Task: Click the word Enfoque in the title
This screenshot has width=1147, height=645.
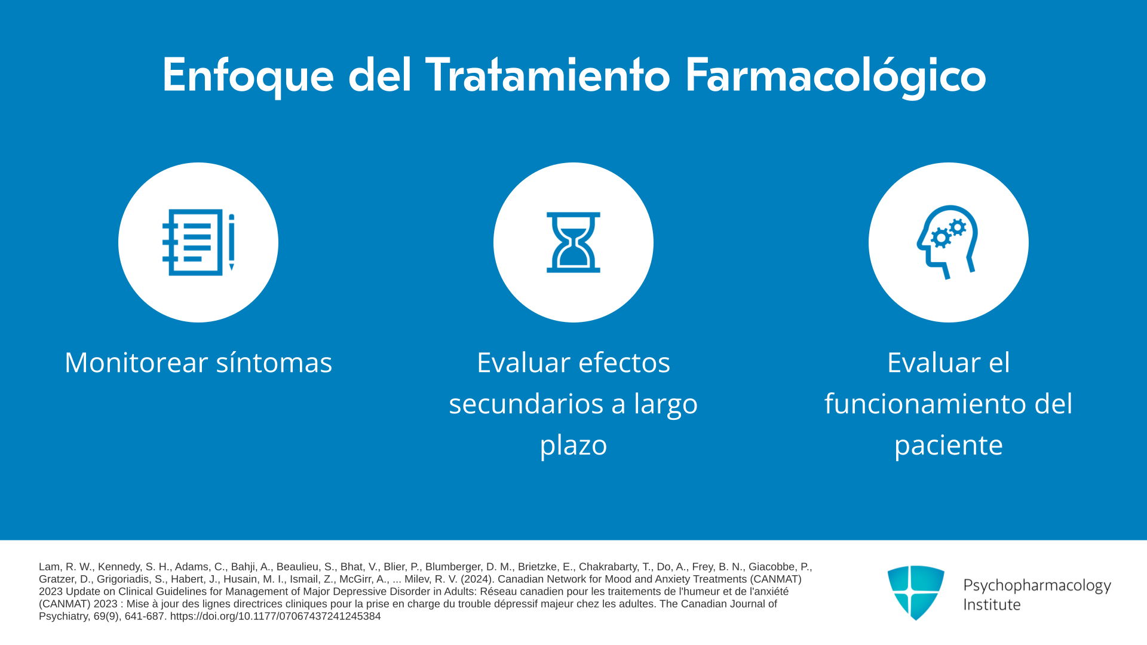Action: [x=248, y=76]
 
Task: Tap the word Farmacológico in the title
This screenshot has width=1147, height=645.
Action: [x=835, y=76]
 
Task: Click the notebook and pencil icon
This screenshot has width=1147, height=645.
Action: [x=198, y=242]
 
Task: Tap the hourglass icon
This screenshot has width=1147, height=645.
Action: [x=573, y=242]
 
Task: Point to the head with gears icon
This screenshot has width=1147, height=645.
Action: [x=947, y=242]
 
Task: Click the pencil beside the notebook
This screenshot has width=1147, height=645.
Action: [x=232, y=242]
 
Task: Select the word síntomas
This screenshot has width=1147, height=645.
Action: [x=274, y=363]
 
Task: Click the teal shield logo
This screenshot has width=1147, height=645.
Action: [x=916, y=592]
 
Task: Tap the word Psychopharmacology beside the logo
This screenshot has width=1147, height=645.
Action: [x=1037, y=586]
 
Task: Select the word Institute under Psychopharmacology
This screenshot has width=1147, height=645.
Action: [x=992, y=604]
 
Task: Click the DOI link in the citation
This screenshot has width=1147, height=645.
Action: [x=275, y=616]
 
